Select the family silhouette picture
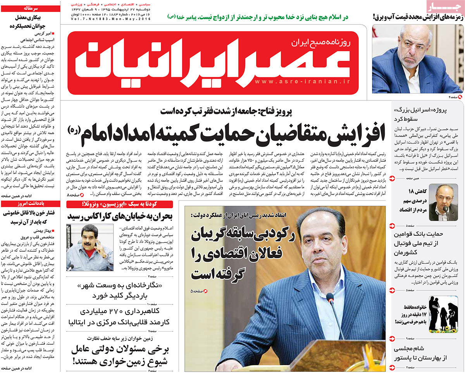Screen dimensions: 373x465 pos(443,314)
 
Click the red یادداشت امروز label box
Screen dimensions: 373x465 pos(30,203)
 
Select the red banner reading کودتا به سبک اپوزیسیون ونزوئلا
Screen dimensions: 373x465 pos(120,204)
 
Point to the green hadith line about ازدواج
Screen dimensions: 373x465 pos(258,17)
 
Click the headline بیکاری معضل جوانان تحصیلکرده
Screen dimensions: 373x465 pos(30,22)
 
